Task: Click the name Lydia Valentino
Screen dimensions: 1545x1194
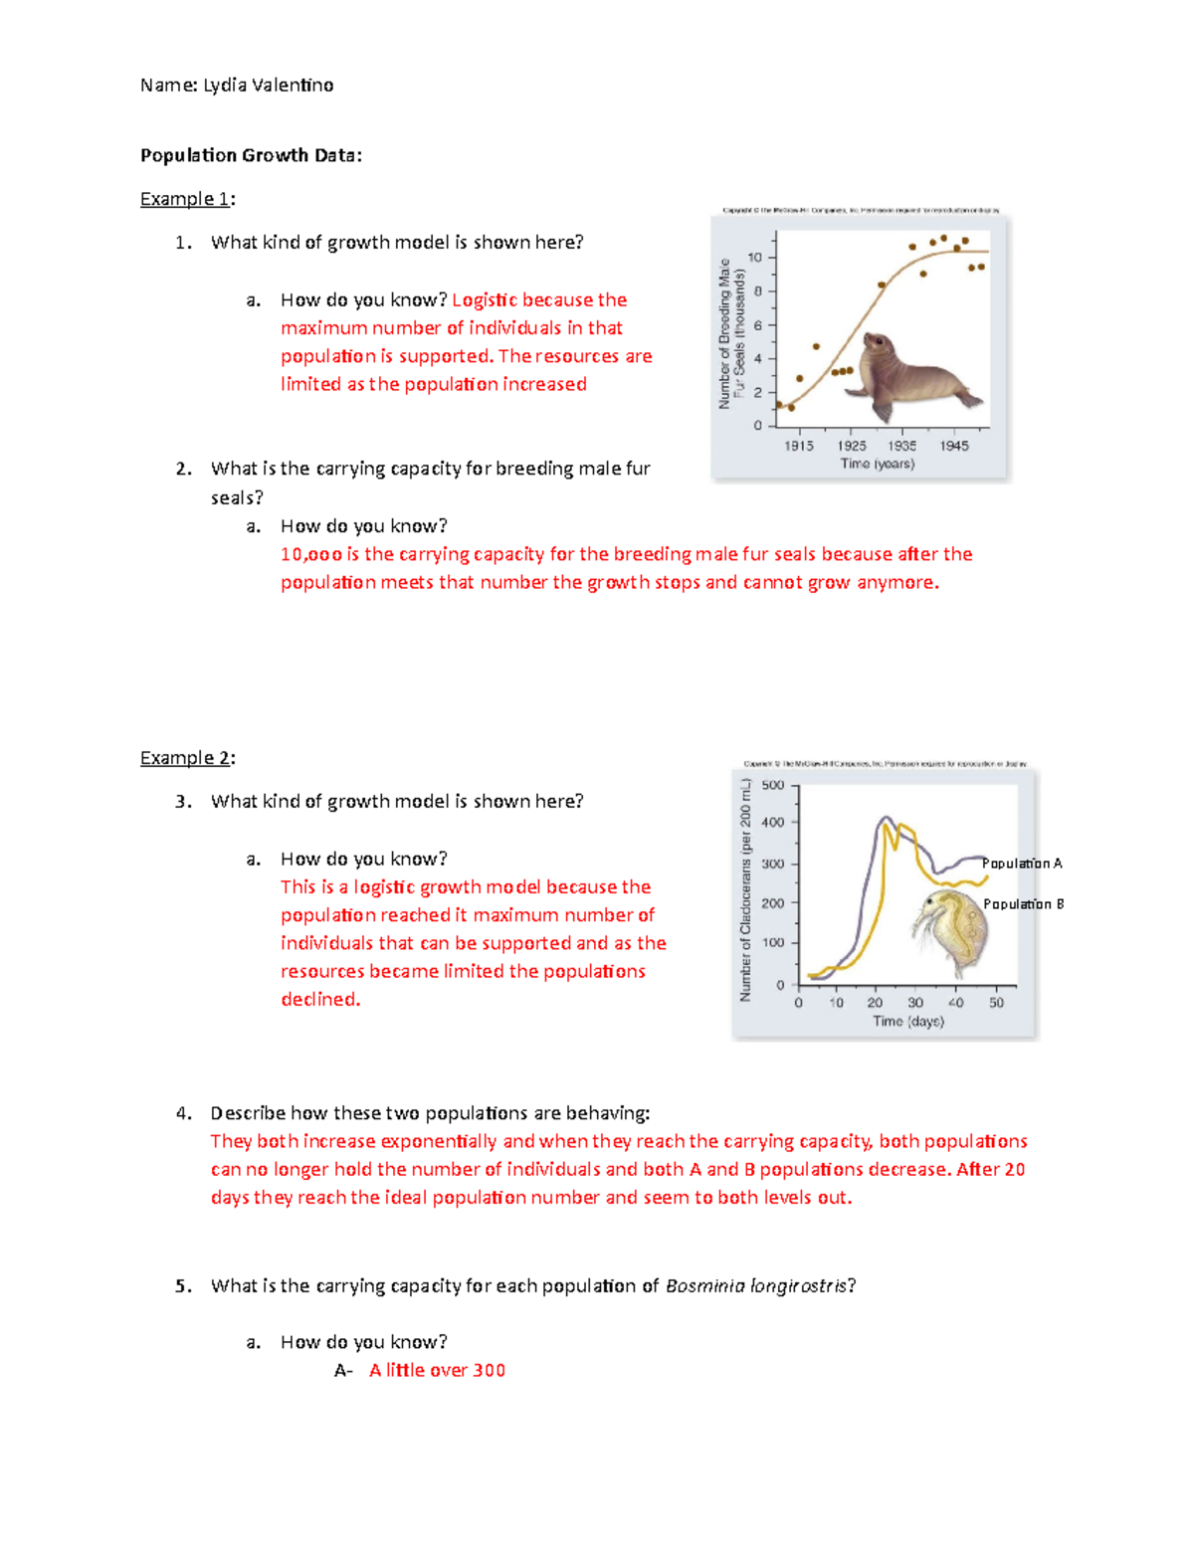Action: (268, 86)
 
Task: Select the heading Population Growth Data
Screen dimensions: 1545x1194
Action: (251, 155)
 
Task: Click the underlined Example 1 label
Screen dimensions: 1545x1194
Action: (186, 199)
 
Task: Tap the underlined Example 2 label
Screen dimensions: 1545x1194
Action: (186, 758)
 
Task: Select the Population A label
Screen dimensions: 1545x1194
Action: (1022, 864)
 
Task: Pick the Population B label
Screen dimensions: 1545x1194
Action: (1023, 904)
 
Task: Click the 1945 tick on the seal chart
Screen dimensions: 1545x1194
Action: (954, 446)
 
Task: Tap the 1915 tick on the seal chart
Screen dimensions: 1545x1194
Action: (798, 446)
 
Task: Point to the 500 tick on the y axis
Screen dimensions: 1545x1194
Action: (773, 785)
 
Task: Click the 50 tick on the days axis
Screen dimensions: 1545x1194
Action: (996, 1003)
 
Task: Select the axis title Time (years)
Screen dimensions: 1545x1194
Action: (878, 464)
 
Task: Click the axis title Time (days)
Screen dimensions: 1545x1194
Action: (907, 1022)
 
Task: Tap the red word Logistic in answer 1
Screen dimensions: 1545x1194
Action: (485, 300)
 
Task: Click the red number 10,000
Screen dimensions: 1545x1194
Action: (311, 555)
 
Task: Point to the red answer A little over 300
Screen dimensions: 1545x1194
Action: (437, 1371)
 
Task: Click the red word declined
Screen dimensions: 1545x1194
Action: (320, 1000)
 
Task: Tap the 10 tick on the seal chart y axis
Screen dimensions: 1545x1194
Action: (755, 258)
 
